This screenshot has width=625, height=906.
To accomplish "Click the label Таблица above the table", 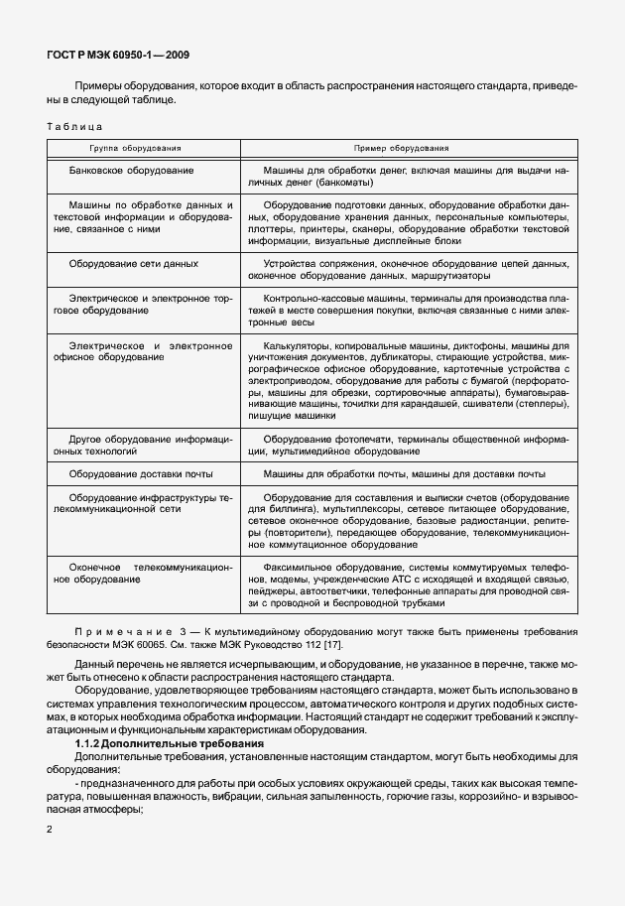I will coord(74,127).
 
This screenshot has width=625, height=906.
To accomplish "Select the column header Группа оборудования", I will coord(137,147).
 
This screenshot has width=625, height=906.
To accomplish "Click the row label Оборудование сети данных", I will coord(134,263).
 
